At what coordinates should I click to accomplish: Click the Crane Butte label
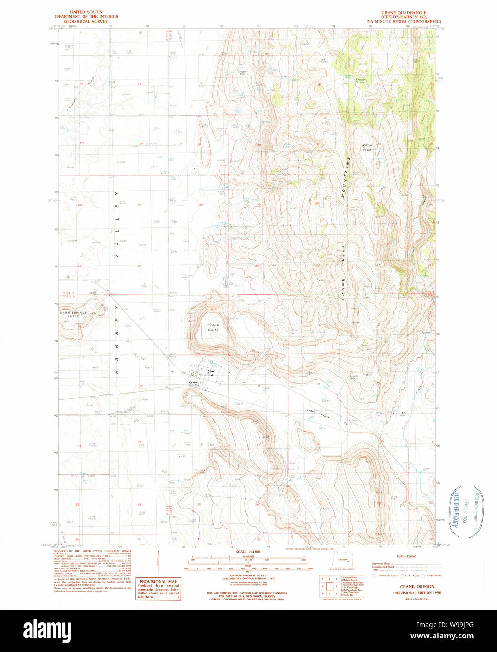pos(213,327)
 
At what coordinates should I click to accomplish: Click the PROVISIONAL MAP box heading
pos(157,581)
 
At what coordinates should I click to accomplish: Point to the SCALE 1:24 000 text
pos(247,551)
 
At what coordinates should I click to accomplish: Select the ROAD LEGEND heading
pos(406,556)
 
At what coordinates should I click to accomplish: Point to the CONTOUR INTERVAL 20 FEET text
pos(247,575)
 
